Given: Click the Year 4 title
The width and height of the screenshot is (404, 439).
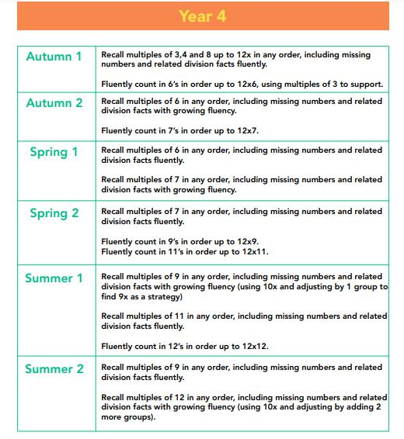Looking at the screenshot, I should (x=202, y=16).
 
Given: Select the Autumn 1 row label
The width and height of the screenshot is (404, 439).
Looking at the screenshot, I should (x=54, y=57).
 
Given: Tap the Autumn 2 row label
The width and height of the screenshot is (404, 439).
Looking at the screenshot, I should (x=54, y=103).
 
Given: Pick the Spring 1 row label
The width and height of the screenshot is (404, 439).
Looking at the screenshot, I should (x=54, y=152).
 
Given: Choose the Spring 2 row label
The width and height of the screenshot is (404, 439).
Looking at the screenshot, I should (x=54, y=213).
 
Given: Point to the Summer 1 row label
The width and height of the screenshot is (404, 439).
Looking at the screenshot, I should (x=54, y=278).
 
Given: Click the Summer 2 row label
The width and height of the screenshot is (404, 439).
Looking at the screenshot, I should (x=54, y=369).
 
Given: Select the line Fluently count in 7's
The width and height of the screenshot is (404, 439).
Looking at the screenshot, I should (x=179, y=130).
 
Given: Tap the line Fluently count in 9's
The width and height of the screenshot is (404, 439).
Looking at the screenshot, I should (x=179, y=241).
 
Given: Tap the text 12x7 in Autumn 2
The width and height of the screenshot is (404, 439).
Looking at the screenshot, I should (x=246, y=130).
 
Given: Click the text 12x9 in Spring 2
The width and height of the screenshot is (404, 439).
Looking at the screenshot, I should (x=245, y=241).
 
